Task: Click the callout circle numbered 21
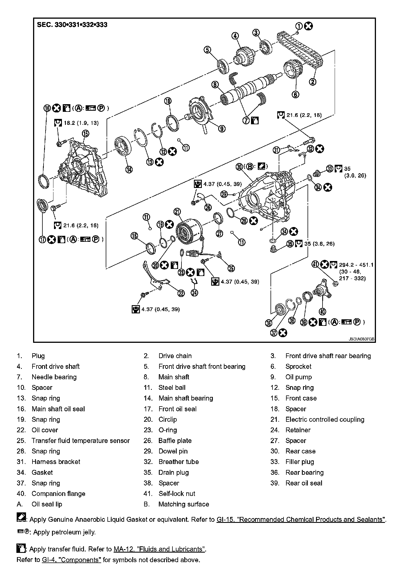coord(177,211)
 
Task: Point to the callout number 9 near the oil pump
coord(222,129)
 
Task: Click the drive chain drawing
coord(300,50)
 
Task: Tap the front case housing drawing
coord(82,170)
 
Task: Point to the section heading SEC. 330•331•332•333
coord(72,25)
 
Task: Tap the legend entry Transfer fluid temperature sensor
coord(81,441)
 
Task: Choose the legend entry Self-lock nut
coord(177,494)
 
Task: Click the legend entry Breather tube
coord(178,462)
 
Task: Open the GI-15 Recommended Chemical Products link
coord(301,520)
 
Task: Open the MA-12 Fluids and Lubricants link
coord(160,549)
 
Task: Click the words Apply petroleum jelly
coord(64,532)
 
